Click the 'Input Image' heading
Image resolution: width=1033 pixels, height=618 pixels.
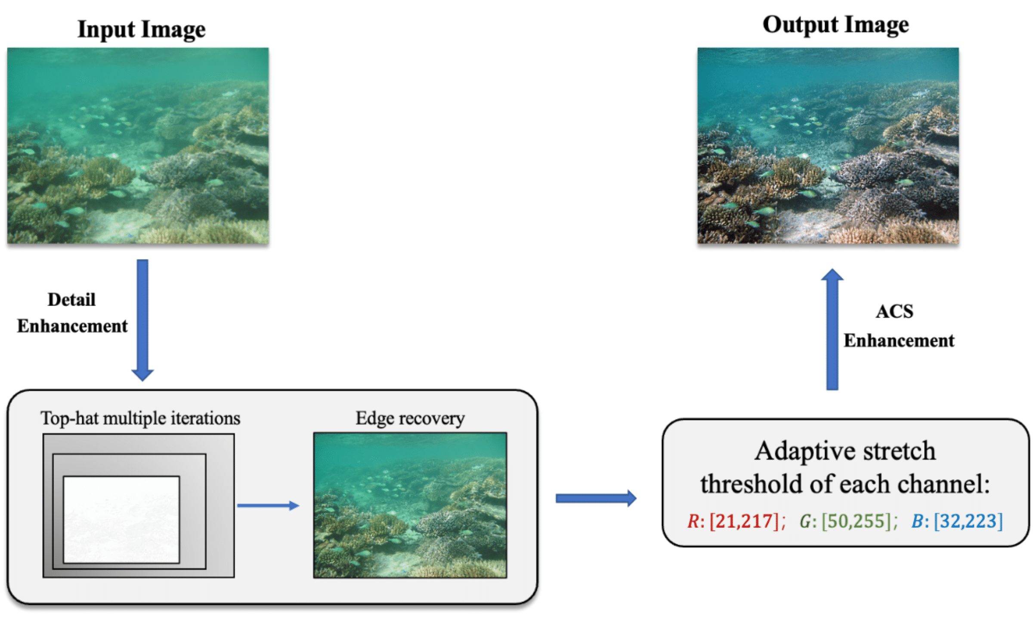(x=141, y=29)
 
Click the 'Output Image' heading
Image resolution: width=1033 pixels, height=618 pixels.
(x=835, y=25)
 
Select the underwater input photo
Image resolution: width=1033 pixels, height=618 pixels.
(x=138, y=145)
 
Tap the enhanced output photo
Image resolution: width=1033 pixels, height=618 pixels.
(x=827, y=145)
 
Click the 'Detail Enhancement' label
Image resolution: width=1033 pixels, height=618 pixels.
(x=72, y=312)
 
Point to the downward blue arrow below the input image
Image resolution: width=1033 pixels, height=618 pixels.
(x=142, y=319)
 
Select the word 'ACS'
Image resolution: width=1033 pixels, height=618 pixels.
(x=894, y=311)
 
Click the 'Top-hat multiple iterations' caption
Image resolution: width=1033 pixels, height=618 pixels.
(x=140, y=418)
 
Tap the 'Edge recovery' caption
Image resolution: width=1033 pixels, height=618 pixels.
(x=410, y=418)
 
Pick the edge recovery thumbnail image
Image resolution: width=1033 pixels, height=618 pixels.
(x=410, y=505)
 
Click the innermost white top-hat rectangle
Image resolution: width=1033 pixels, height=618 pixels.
(x=121, y=519)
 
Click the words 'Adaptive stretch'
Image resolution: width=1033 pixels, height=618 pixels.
(x=844, y=451)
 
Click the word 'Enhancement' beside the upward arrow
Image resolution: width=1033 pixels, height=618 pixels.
(x=898, y=340)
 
